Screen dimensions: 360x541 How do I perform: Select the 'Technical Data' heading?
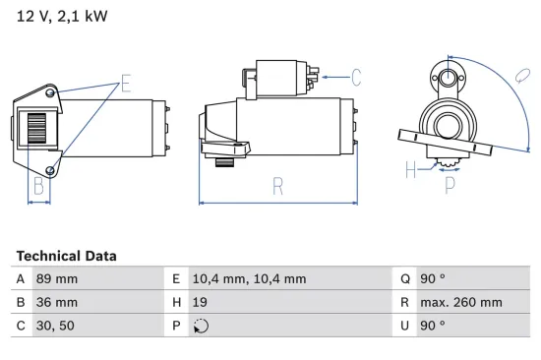(x=66, y=256)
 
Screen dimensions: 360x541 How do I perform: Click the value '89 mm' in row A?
(x=58, y=278)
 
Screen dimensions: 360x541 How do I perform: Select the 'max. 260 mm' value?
(x=462, y=302)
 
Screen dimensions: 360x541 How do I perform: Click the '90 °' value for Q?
(x=433, y=278)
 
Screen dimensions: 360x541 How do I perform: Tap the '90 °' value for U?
(x=433, y=326)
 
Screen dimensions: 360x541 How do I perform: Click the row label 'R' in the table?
(x=404, y=302)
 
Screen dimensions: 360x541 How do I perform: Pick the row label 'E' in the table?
(x=176, y=278)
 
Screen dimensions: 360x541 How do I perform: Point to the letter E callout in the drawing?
(x=125, y=83)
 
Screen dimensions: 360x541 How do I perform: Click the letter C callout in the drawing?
(x=356, y=76)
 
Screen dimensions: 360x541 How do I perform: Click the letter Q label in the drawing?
(x=520, y=75)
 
